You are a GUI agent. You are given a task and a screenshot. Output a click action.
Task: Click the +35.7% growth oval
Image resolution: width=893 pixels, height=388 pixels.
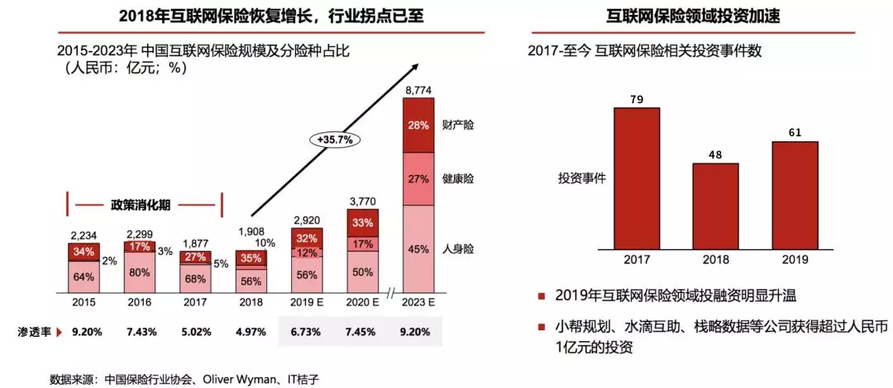(334, 140)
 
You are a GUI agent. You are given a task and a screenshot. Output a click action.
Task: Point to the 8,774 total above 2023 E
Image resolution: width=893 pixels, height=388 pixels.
(417, 89)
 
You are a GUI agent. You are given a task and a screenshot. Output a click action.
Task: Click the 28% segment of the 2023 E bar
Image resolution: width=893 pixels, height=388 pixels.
(417, 125)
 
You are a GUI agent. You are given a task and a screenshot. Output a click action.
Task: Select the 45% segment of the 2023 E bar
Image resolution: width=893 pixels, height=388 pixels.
(417, 248)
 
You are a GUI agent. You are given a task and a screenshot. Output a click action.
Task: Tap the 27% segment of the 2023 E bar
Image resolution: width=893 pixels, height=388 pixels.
(417, 178)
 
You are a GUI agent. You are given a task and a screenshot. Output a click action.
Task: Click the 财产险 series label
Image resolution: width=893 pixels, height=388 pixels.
(461, 125)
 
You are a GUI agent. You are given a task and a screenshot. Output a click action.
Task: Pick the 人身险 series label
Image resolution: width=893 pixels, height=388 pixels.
(461, 248)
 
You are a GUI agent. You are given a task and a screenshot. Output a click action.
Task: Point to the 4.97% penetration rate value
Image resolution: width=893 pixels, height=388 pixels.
(251, 332)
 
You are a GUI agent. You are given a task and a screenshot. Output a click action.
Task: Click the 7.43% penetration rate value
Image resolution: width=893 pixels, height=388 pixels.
(139, 332)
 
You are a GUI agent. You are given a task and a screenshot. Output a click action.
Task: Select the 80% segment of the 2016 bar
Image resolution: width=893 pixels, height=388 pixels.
(139, 272)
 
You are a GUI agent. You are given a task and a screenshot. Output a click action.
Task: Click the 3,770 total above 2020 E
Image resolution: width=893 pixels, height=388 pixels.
(362, 200)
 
